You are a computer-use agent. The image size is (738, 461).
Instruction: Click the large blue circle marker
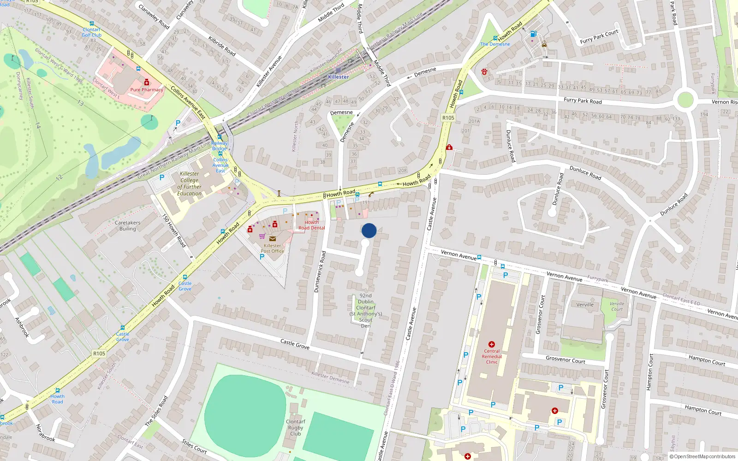(x=369, y=230)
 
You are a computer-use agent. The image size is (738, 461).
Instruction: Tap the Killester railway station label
(x=339, y=77)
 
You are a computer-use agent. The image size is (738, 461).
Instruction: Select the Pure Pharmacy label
(x=147, y=90)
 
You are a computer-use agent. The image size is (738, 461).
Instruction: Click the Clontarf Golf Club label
(x=91, y=32)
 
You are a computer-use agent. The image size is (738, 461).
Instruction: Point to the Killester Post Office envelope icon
(x=273, y=239)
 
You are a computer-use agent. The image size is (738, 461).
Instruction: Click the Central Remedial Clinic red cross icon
(x=492, y=344)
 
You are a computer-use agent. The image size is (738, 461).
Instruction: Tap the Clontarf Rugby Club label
(x=295, y=427)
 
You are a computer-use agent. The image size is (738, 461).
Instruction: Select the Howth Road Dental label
(x=311, y=225)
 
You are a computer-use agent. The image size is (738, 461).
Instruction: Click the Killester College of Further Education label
(x=190, y=183)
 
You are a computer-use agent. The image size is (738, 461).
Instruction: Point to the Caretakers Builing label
(x=128, y=225)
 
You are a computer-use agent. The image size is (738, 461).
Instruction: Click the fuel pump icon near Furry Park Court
(x=534, y=34)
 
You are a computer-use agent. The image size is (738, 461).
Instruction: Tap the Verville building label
(x=585, y=305)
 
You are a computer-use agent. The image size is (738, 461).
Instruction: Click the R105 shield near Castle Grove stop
(x=99, y=354)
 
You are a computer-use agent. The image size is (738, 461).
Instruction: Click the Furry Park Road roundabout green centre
(x=685, y=100)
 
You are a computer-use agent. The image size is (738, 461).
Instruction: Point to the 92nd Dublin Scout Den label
(x=366, y=310)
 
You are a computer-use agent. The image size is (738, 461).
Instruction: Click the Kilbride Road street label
(x=222, y=46)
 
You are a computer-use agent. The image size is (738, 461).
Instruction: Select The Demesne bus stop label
(x=495, y=44)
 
